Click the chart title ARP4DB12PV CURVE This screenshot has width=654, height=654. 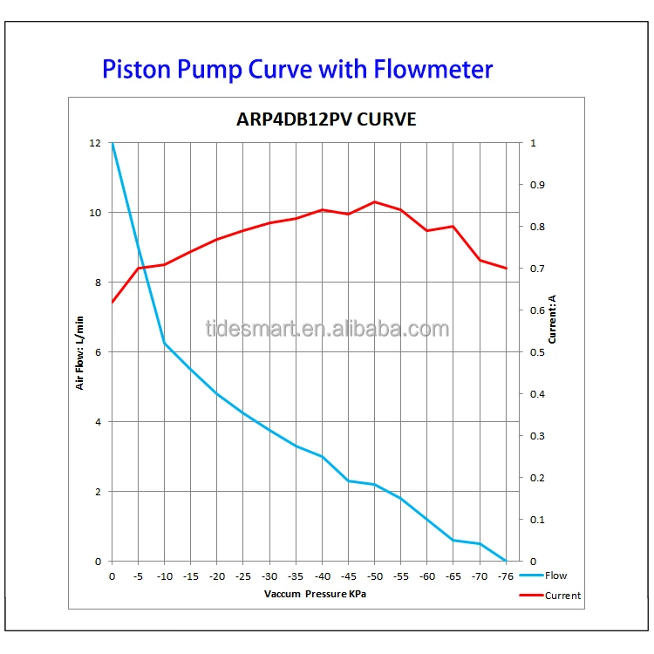tap(328, 119)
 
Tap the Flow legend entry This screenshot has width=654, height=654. tap(555, 576)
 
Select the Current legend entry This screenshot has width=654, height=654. tap(562, 596)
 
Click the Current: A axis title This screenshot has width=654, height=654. tap(552, 318)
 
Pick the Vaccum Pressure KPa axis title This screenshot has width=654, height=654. tap(315, 593)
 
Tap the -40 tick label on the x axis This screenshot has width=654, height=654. tap(322, 576)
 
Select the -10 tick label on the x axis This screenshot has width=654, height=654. tap(164, 576)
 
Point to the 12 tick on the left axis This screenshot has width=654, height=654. tap(96, 143)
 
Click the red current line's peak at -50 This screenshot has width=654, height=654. tap(375, 201)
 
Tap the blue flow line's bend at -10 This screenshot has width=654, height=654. tap(164, 344)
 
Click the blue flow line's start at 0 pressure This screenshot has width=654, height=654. tap(112, 144)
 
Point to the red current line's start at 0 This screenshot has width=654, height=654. tap(112, 302)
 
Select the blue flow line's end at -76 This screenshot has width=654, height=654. tap(506, 561)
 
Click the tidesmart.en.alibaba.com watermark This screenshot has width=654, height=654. tap(327, 329)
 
